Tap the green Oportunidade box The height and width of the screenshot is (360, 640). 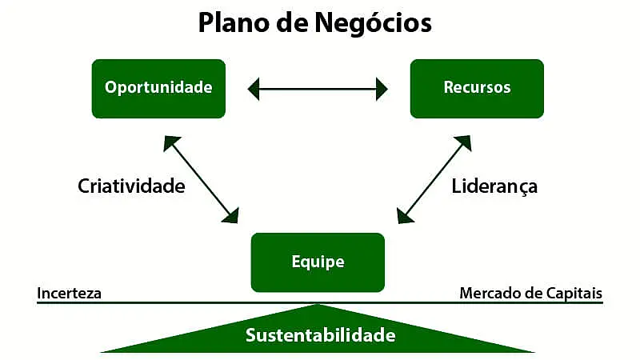158,88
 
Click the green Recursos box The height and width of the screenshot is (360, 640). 477,88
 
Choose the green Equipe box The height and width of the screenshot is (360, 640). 318,262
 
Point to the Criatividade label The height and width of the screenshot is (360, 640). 131,186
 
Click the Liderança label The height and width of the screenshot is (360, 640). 494,186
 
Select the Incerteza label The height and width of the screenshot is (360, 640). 69,293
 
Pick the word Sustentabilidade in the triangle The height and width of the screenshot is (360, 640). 320,334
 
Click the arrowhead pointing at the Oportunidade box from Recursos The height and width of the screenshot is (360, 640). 254,89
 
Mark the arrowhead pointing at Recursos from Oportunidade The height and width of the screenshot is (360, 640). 382,89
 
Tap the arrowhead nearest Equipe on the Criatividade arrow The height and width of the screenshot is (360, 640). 233,214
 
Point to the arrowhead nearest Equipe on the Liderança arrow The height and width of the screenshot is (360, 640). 404,214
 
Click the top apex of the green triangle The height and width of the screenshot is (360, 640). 318,305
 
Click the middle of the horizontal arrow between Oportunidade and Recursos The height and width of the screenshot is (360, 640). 318,89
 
